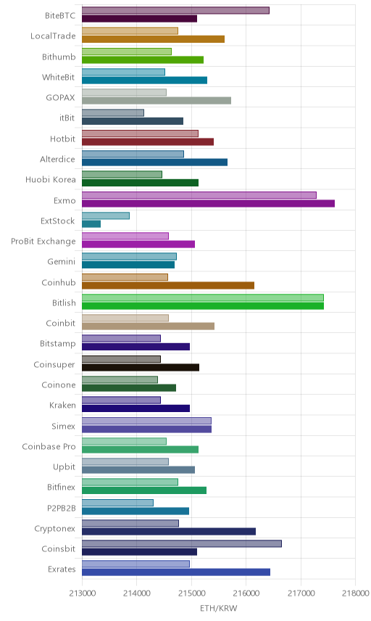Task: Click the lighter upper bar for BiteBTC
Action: click(175, 10)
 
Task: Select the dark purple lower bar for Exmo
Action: click(209, 204)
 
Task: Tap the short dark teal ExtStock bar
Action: click(91, 223)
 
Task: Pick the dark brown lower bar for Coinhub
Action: click(168, 286)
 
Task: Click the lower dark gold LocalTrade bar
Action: click(154, 39)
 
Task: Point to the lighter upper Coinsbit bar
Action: click(182, 544)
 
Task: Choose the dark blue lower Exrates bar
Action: click(176, 572)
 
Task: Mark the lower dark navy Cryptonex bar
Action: click(169, 532)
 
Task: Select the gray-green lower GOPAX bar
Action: click(157, 101)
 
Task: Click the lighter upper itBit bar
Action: click(113, 113)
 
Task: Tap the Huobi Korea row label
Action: click(51, 179)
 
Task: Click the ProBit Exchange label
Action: click(43, 241)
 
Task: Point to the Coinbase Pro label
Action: click(49, 446)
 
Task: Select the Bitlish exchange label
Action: click(64, 303)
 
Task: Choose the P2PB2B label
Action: click(62, 508)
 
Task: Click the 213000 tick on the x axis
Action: click(82, 593)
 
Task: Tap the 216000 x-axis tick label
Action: click(246, 593)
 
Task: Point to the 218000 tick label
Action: click(355, 593)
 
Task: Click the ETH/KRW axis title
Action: click(218, 609)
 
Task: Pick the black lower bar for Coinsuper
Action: click(141, 368)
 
